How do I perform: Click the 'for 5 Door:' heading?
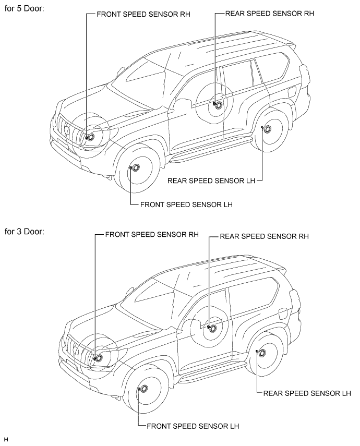coord(24,8)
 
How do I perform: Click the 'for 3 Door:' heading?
coord(24,232)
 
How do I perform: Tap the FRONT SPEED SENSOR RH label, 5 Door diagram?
coord(143,14)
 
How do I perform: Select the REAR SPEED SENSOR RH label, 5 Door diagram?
coord(270,14)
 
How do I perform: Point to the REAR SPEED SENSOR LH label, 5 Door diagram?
coord(211,180)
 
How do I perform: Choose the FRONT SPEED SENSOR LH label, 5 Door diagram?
coord(186,204)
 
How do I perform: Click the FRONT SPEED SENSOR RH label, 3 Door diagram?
coord(152,235)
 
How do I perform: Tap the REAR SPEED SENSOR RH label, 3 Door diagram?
coord(264,236)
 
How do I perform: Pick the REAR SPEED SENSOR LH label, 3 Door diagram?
coord(307,393)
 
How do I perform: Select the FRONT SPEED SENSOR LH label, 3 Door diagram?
coord(193,426)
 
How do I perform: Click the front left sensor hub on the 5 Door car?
coord(135,167)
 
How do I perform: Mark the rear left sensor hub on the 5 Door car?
coord(267,129)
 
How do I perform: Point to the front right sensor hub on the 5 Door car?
coord(91,137)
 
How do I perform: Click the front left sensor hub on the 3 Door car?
coord(144,389)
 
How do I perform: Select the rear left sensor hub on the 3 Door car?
coord(262,353)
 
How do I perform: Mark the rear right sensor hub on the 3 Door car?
coord(212,328)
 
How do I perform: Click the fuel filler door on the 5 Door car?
coord(292,92)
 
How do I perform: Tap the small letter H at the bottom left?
coord(6,440)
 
